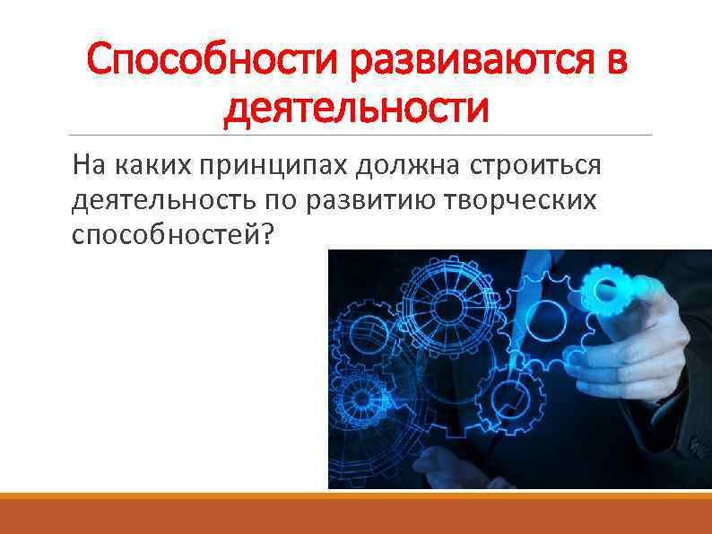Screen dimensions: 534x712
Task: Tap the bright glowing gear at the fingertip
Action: click(601, 290)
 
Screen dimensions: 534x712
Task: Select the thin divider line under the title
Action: click(359, 136)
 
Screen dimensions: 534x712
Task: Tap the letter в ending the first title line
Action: click(615, 62)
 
